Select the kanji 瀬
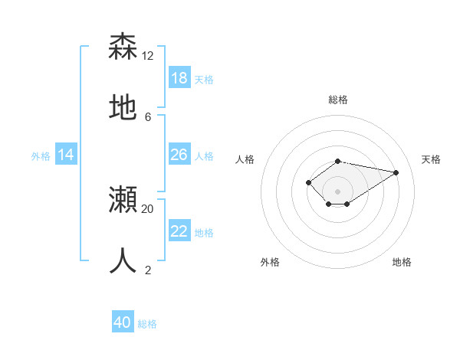pos(123,200)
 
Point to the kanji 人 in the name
pos(123,261)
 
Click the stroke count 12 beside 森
pos(148,55)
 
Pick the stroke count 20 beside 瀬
pos(148,208)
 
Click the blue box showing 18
pos(179,77)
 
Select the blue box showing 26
pos(179,155)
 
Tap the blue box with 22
pos(179,231)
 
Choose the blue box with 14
pos(66,155)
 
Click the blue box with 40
pos(123,322)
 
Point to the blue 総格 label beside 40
pos(147,324)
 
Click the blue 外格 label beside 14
pos(41,156)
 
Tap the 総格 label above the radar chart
pos(337,100)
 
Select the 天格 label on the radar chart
pos(431,159)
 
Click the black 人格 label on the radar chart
pos(245,159)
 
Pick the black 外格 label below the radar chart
pos(270,262)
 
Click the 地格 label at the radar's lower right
pos(402,262)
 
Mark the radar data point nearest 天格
pos(396,172)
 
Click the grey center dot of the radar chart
pos(337,191)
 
